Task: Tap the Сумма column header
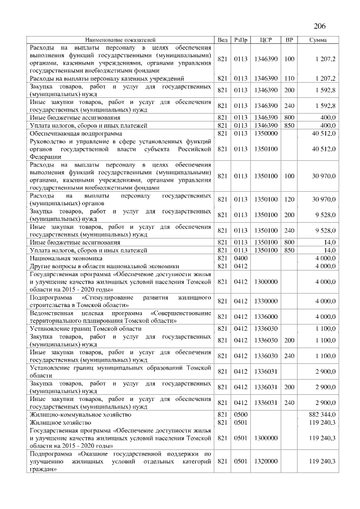click(319, 40)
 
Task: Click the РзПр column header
click(241, 40)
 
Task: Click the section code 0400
click(241, 258)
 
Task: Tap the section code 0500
click(241, 414)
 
